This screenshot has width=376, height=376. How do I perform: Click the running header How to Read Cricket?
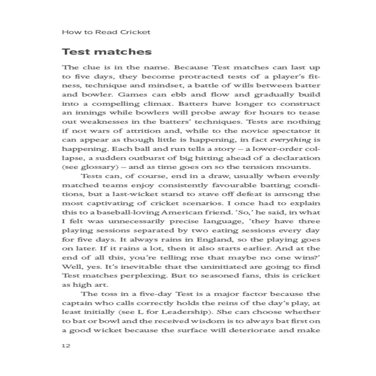[x=106, y=32]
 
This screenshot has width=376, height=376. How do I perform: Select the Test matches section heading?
[x=107, y=52]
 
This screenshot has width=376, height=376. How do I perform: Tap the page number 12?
[x=66, y=346]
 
